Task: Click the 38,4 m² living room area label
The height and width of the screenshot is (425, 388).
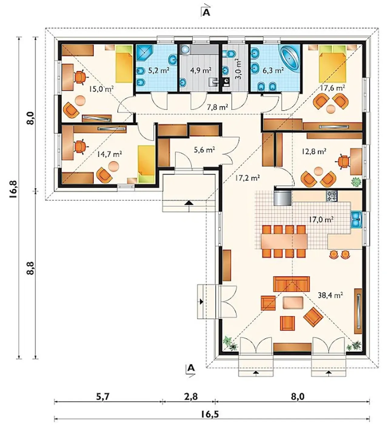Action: [330, 296]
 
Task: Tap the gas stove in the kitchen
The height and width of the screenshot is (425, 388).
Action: [332, 196]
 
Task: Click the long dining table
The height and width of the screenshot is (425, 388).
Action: [284, 241]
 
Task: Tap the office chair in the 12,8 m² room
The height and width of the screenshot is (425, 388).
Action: [343, 162]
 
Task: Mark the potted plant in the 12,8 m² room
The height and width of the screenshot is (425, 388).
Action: [356, 182]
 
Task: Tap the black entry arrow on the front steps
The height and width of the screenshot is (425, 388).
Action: [189, 203]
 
